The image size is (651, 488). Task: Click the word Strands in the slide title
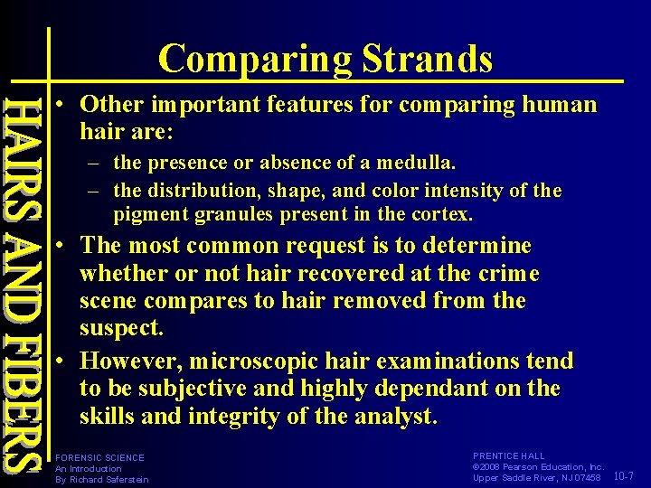pos(428,59)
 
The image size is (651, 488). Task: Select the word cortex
pos(443,214)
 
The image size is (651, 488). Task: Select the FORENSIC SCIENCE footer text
pos(99,458)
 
